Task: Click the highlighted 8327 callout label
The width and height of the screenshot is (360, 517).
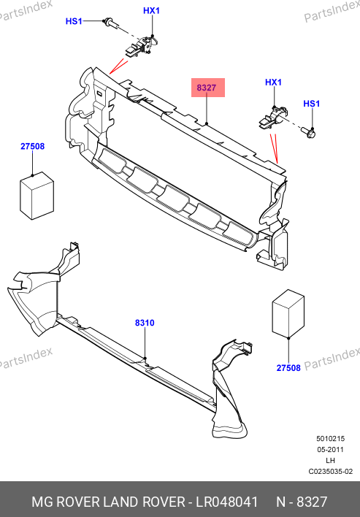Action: point(207,88)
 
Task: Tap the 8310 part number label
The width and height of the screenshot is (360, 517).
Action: point(145,323)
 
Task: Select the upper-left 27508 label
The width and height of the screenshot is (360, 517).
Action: point(32,146)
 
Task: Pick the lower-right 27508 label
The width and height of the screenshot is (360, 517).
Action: point(288,367)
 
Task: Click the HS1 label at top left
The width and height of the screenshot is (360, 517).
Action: point(74,21)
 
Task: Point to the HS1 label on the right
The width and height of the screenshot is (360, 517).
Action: point(312,104)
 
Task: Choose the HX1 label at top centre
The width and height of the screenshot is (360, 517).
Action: point(151,10)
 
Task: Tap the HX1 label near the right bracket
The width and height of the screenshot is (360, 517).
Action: point(274,83)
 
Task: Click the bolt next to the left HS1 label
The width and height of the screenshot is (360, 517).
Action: point(110,23)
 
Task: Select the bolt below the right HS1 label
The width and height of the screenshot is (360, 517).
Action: point(309,133)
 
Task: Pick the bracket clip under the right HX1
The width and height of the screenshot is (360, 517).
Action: point(272,118)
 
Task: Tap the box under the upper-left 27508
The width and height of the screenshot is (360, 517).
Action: point(37,196)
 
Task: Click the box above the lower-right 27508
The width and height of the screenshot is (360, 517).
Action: point(288,313)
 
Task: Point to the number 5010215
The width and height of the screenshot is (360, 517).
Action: point(330,439)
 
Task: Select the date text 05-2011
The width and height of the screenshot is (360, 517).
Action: point(330,450)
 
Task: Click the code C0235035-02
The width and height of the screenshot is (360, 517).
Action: point(330,472)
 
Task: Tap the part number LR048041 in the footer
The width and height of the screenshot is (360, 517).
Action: point(227,502)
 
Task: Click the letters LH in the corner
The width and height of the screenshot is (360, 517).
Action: point(331,461)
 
